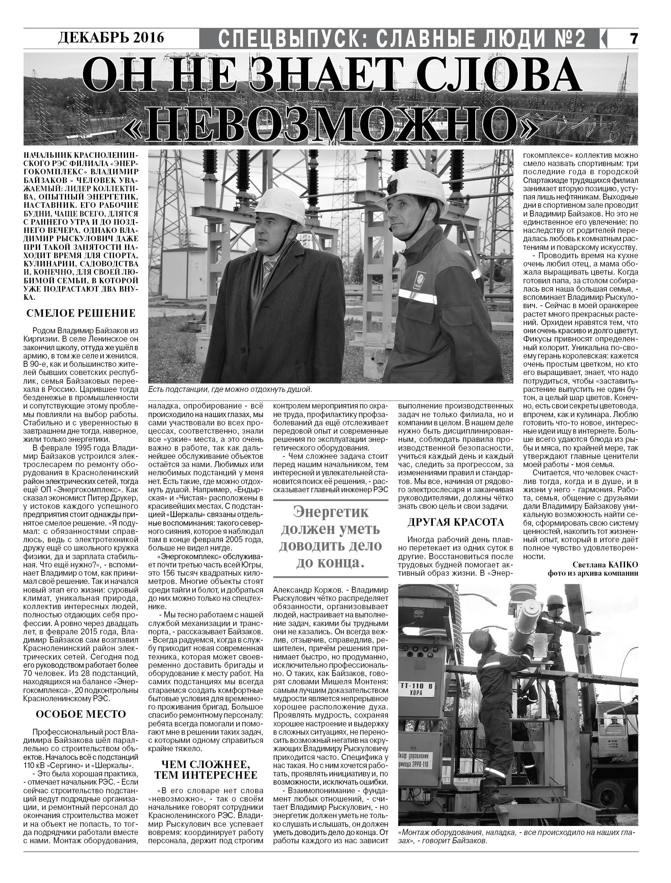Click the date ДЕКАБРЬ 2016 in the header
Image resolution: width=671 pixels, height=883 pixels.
coord(111,37)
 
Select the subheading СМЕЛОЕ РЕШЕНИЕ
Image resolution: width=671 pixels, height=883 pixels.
coord(81,313)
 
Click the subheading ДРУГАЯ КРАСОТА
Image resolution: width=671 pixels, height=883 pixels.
coord(456,522)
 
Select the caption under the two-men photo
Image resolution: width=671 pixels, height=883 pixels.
coord(229,389)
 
